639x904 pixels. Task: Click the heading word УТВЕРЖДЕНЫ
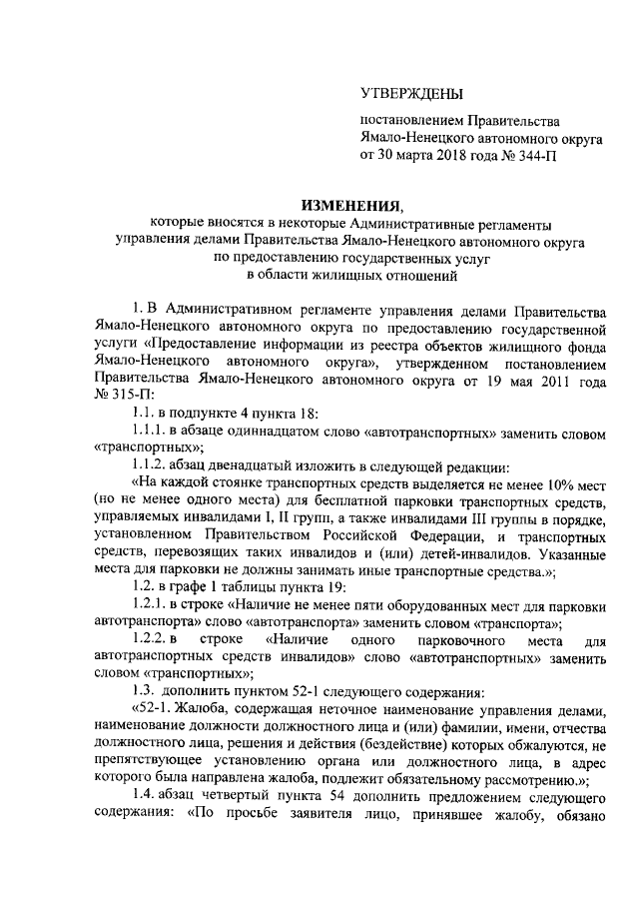tap(411, 95)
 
